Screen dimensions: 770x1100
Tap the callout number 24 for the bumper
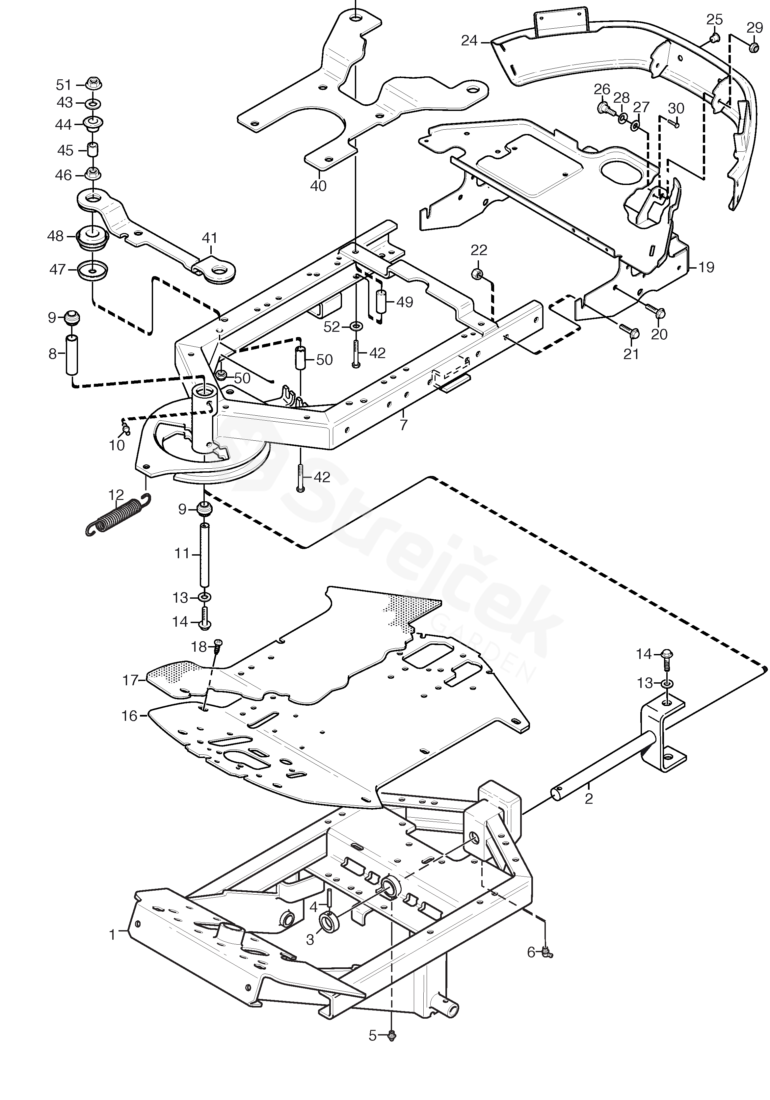(x=469, y=41)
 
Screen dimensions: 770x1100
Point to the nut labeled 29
(x=753, y=47)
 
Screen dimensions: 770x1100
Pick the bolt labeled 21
(x=628, y=329)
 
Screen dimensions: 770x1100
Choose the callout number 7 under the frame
(x=404, y=425)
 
